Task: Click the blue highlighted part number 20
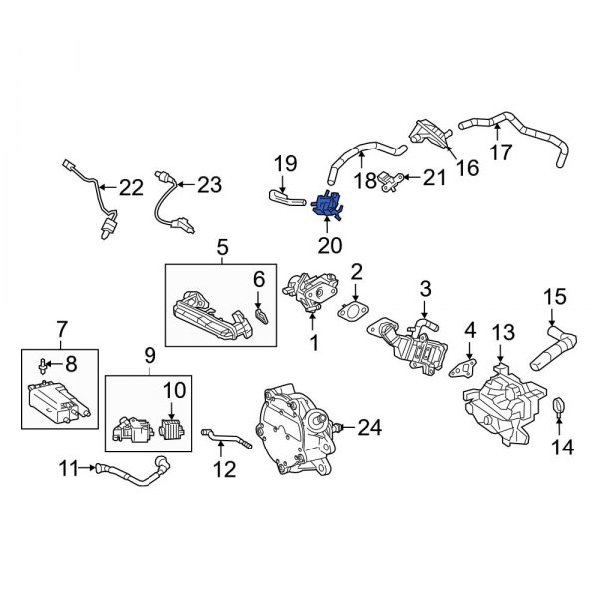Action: click(x=326, y=204)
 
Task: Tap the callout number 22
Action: click(x=131, y=187)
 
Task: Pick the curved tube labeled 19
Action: click(x=284, y=198)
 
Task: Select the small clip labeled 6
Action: click(x=261, y=317)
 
